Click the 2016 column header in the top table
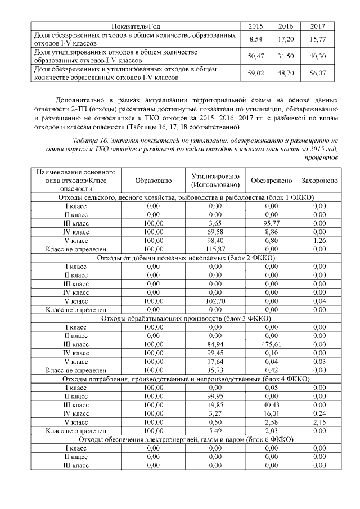286,26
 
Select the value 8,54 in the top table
256,39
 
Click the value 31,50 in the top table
286,56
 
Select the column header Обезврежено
272,181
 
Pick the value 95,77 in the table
272,223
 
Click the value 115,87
216,249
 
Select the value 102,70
216,301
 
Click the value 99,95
216,397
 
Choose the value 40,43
272,405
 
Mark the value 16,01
272,413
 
